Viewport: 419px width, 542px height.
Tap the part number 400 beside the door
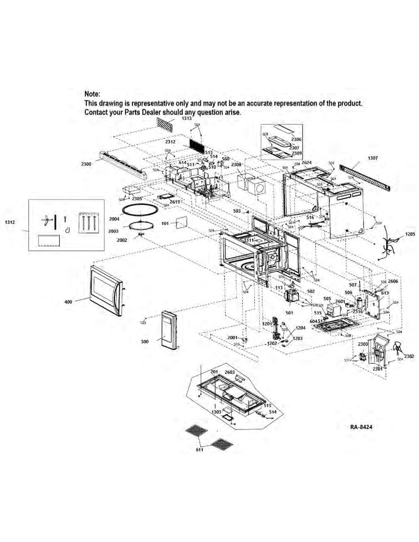(68, 302)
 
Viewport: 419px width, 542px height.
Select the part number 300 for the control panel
(145, 342)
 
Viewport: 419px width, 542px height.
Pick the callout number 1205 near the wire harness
(411, 233)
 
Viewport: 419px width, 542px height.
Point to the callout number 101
(165, 223)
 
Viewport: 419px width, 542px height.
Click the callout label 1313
(186, 119)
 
